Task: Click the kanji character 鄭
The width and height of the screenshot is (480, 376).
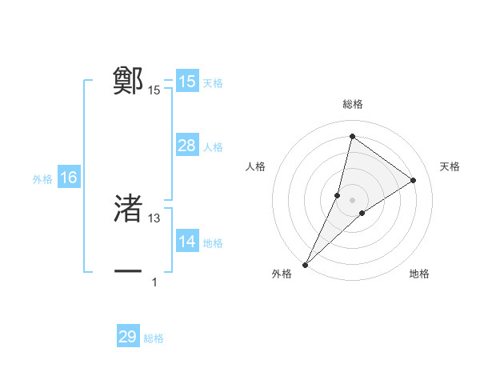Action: [x=128, y=81]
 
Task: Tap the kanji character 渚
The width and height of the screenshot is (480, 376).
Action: [x=128, y=208]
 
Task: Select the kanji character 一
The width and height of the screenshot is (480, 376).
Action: [x=128, y=272]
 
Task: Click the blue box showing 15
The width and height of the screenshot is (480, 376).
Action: [x=186, y=82]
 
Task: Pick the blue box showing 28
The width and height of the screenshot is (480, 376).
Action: [x=186, y=146]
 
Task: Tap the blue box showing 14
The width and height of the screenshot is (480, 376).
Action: [x=186, y=242]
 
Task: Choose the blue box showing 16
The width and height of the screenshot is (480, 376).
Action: [x=68, y=178]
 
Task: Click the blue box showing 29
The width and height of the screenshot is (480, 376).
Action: [x=128, y=337]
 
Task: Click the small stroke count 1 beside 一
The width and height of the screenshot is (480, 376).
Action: [x=154, y=282]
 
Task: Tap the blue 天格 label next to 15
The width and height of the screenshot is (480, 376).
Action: [x=213, y=83]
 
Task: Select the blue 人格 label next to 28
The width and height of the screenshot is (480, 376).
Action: [x=213, y=147]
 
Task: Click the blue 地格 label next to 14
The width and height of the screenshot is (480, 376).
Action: [x=213, y=243]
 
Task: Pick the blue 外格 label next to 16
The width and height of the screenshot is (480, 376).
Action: [x=42, y=179]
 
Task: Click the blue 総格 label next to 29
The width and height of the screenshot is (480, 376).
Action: [x=154, y=338]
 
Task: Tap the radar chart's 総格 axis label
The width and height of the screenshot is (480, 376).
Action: [x=352, y=105]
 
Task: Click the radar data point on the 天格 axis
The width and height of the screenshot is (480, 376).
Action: [x=414, y=180]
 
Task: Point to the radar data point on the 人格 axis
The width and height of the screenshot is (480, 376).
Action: [x=338, y=195]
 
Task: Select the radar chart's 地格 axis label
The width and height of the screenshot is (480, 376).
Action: [x=419, y=274]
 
